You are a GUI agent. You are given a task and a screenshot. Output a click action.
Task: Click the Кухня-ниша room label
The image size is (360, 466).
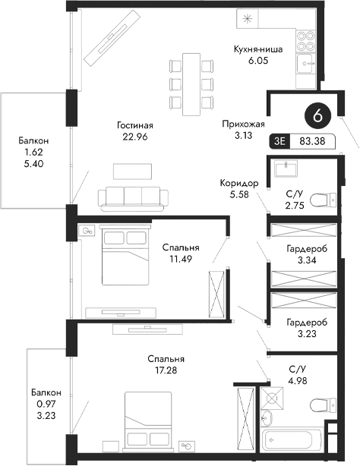click(x=258, y=49)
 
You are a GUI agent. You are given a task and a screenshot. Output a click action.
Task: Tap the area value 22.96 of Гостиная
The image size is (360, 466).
click(x=136, y=137)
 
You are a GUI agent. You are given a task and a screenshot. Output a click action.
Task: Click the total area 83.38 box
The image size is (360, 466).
click(x=312, y=140)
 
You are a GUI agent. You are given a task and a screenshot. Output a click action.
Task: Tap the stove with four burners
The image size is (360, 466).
click(x=306, y=34)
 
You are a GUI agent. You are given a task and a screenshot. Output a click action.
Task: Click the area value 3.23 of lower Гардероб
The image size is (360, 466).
click(x=307, y=332)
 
